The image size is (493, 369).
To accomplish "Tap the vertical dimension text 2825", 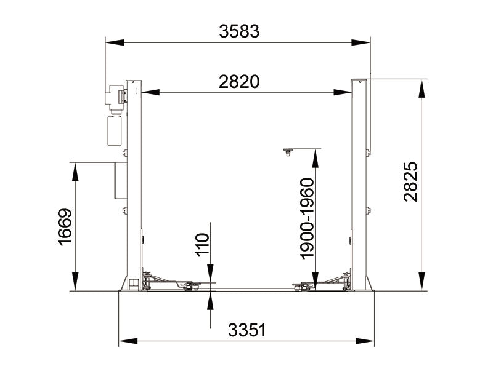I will [x=411, y=181].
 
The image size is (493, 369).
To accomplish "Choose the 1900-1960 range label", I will [x=306, y=218].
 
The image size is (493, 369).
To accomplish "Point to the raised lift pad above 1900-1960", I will [x=287, y=151].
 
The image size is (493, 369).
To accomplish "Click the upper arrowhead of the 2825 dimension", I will [x=422, y=86].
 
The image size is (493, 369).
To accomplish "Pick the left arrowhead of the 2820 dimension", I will [x=149, y=93].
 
